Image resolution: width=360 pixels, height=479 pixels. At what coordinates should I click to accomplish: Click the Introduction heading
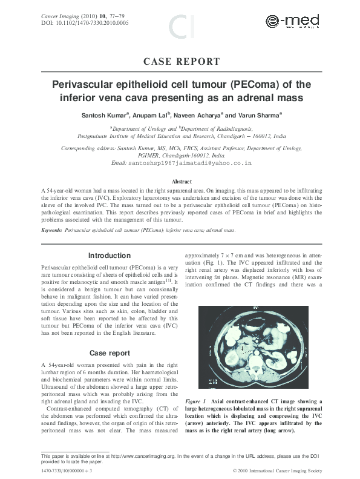pyautogui.click(x=109, y=256)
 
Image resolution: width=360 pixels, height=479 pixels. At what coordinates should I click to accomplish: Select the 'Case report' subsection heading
pyautogui.click(x=109, y=352)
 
